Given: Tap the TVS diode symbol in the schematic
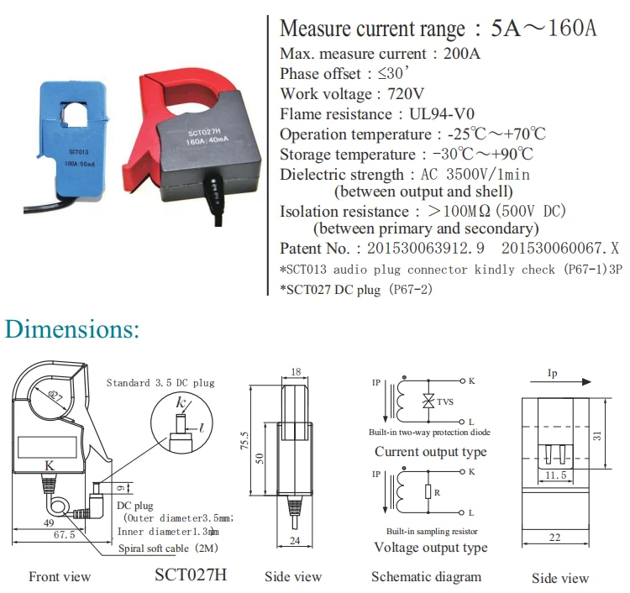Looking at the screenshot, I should (428, 402).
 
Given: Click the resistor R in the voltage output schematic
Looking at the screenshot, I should (428, 491).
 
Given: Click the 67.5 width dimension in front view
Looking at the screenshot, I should (52, 533).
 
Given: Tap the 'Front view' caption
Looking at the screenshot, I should (60, 577).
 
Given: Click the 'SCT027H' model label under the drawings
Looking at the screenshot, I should (191, 575).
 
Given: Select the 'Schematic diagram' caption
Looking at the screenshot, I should (427, 577).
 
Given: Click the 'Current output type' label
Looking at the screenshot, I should (430, 452).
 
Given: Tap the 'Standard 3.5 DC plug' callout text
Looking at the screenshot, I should (160, 383).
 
